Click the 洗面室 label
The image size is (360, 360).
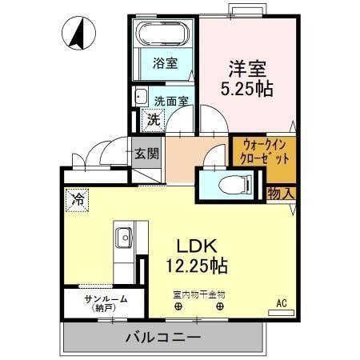[x=171, y=102]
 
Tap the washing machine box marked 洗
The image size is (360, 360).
[x=152, y=121]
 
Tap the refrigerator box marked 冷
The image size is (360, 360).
[x=78, y=197]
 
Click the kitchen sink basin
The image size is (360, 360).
[x=124, y=238]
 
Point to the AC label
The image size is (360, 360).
[x=281, y=302]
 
